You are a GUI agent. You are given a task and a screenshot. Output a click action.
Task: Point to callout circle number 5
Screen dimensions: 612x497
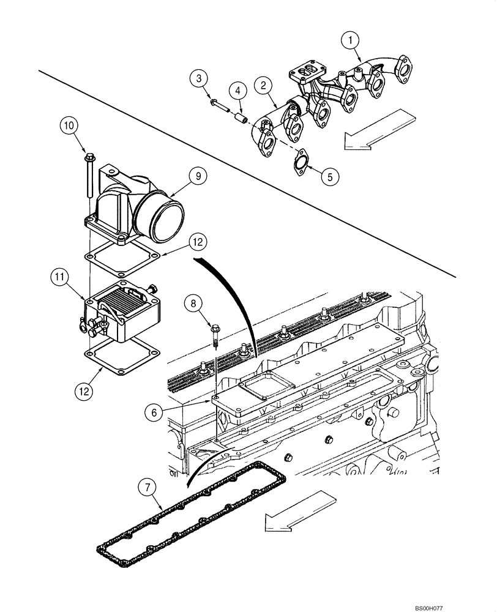click(330, 177)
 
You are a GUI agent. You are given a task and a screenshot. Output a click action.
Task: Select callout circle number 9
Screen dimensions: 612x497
click(198, 176)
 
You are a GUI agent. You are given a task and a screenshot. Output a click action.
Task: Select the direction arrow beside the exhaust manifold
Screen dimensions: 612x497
click(375, 129)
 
